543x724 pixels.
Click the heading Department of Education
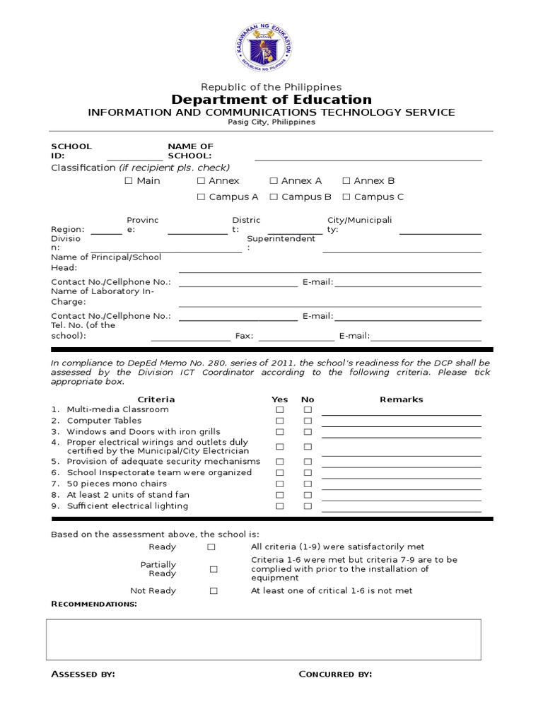tap(271, 100)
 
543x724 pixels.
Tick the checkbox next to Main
tap(129, 181)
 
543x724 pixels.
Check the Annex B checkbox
tap(346, 181)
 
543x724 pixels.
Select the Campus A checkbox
tap(202, 197)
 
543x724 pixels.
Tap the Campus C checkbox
tap(346, 197)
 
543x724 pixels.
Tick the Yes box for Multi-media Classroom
tap(280, 410)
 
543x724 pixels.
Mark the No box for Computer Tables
tap(308, 421)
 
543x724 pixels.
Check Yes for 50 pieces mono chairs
tap(280, 484)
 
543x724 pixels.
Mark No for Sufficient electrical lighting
tap(308, 506)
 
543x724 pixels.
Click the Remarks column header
tap(401, 399)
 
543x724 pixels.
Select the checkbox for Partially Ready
tap(214, 569)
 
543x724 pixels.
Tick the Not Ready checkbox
tap(214, 591)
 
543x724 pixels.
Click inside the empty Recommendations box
tap(264, 639)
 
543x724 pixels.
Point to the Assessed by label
tap(83, 675)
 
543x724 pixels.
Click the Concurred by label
tap(335, 675)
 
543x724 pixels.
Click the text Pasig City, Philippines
tap(271, 122)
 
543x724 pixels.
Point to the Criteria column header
tap(156, 399)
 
